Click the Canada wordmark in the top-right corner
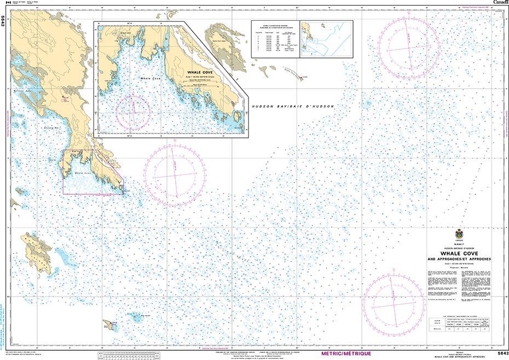click(499, 3)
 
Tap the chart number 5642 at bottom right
click(499, 353)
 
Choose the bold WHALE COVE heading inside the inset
click(200, 72)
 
